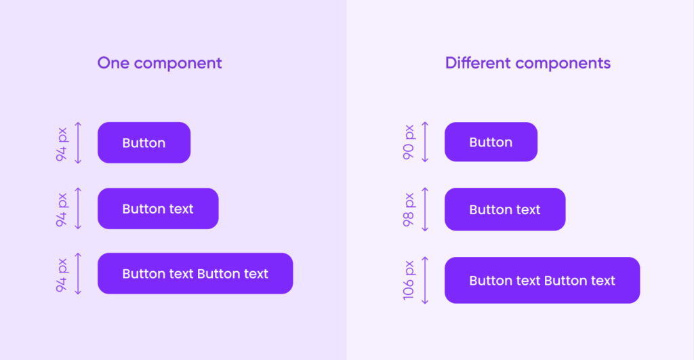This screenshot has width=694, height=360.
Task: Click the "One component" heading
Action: [x=159, y=63]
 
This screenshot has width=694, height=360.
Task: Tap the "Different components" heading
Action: [x=527, y=63]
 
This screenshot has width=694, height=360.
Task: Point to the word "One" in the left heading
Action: [x=113, y=63]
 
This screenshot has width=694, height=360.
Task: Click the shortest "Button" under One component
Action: [x=144, y=142]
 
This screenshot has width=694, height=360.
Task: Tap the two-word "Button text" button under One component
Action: [x=158, y=209]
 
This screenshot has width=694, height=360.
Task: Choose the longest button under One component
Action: [x=195, y=274]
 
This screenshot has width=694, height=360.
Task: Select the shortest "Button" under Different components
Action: [x=491, y=142]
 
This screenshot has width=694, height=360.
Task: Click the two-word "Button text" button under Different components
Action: [x=505, y=209]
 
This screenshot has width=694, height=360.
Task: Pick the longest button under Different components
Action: [x=542, y=280]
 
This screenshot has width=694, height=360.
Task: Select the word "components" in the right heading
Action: [x=563, y=64]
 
